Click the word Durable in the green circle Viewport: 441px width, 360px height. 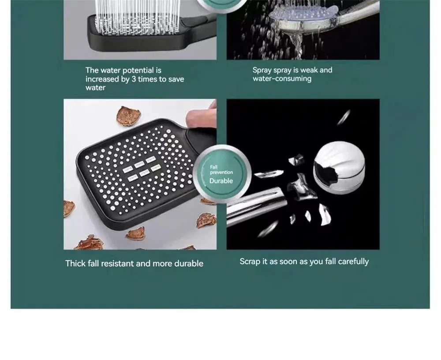[221, 181]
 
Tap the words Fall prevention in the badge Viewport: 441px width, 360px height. [221, 170]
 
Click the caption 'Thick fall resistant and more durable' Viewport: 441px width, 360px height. [134, 263]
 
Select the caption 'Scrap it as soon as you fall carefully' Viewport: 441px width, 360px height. [304, 262]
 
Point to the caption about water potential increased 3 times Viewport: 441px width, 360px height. [134, 79]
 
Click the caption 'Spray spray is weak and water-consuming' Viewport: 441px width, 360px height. [292, 75]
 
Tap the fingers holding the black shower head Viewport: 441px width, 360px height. [202, 116]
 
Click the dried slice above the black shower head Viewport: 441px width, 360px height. [128, 116]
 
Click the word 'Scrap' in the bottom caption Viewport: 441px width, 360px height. [250, 262]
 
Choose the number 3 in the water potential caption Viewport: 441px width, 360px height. [134, 79]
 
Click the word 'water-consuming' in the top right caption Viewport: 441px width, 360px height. [282, 79]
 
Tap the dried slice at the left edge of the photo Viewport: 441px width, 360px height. [68, 208]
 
